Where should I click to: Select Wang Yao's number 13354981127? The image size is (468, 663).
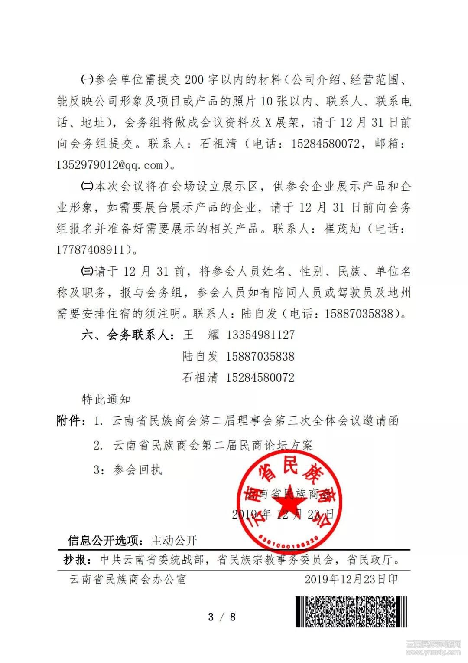(260, 335)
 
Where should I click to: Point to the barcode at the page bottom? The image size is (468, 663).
(351, 612)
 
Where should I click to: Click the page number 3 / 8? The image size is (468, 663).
(222, 617)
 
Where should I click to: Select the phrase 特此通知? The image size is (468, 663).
(106, 399)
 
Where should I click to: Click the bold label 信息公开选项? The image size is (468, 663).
(105, 541)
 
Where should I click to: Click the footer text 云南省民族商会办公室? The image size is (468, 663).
(128, 579)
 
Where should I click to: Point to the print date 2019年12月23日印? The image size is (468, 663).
(351, 579)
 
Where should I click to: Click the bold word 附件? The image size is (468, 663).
(70, 420)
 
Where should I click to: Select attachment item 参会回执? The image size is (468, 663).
(138, 469)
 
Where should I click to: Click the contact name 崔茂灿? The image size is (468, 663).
(342, 229)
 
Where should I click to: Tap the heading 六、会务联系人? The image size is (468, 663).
(128, 335)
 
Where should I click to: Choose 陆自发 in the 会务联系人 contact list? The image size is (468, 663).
(201, 357)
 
